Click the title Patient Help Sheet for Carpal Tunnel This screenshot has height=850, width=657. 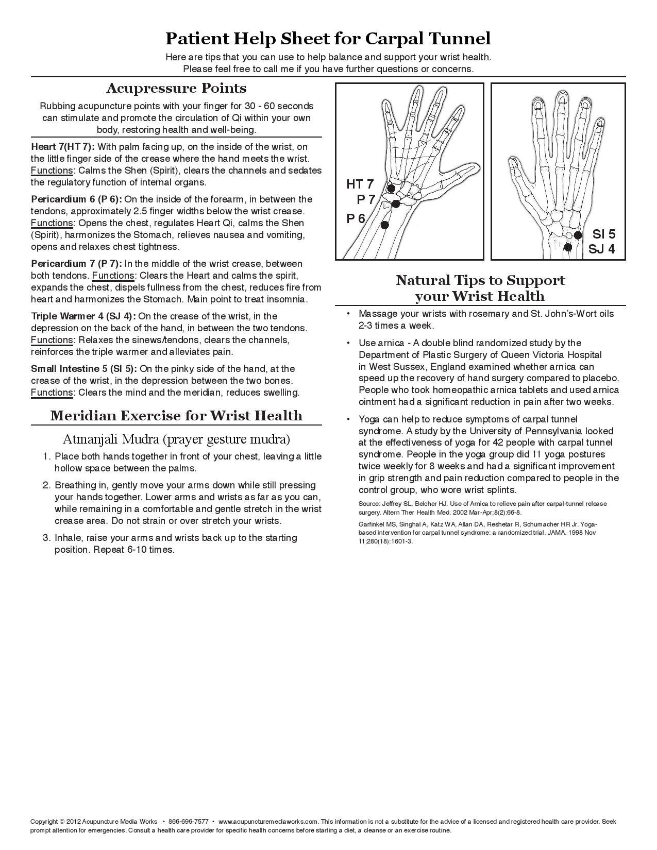(328, 39)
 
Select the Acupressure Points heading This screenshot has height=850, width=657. (176, 88)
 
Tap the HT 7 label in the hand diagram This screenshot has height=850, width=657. (360, 184)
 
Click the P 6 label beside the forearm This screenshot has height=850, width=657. (356, 219)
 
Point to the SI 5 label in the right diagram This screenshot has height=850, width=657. (603, 234)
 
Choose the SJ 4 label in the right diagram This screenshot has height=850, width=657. (602, 249)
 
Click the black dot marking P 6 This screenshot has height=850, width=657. (384, 225)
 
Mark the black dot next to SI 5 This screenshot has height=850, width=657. (578, 235)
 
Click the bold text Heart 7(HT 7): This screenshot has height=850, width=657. (63, 147)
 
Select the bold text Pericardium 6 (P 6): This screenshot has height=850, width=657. (76, 199)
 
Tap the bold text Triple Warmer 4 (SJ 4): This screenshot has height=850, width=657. (83, 316)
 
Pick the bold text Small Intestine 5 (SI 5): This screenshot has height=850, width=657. (84, 369)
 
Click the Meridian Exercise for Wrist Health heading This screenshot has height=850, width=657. (176, 416)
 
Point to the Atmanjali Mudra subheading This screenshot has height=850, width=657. (176, 439)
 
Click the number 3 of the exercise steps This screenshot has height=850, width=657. (46, 538)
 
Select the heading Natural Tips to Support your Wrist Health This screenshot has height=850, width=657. (480, 288)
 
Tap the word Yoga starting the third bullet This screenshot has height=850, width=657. (369, 419)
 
